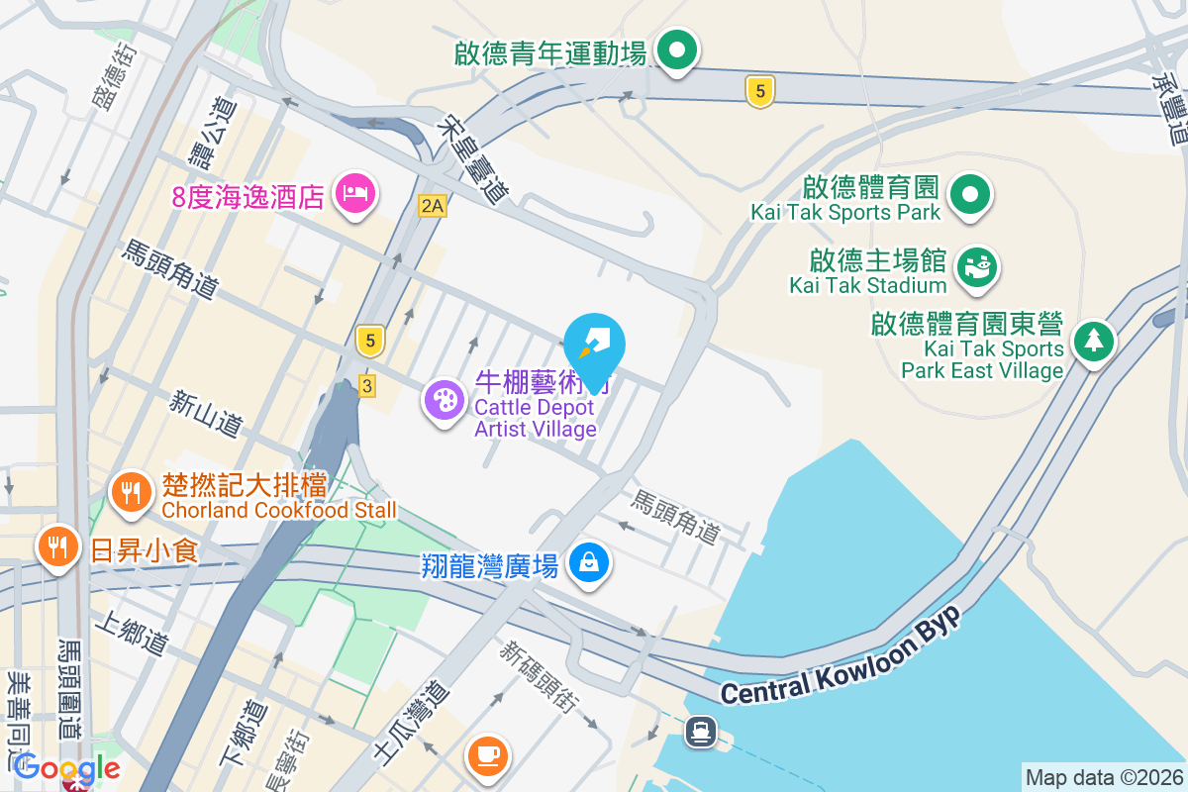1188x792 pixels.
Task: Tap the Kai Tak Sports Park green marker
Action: [971, 193]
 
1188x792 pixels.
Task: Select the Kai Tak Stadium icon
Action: [976, 265]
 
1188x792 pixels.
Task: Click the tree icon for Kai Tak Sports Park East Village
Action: [1093, 342]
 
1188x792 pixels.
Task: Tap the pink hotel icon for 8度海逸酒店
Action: [355, 192]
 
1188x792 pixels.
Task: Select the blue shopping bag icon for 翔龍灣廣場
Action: [589, 563]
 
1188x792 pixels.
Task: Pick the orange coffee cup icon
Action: [488, 755]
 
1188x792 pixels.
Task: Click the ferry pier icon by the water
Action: [702, 732]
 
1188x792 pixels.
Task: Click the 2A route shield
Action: [433, 205]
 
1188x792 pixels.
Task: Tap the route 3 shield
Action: [367, 386]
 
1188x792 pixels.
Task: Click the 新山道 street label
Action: [206, 414]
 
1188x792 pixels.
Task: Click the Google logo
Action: [67, 768]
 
